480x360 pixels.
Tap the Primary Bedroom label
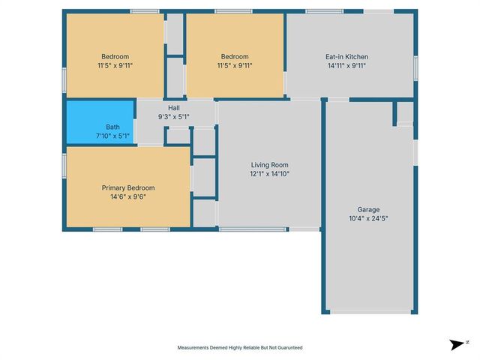(x=127, y=187)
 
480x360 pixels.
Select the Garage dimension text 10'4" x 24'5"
(x=367, y=219)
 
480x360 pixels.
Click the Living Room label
(x=269, y=165)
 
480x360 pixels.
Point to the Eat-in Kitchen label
(x=346, y=57)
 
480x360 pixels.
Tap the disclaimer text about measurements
(x=240, y=348)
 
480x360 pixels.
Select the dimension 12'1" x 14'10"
(x=269, y=174)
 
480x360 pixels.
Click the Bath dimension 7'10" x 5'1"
(x=113, y=136)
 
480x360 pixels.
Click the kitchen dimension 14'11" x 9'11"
(x=346, y=66)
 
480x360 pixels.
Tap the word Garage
(x=367, y=210)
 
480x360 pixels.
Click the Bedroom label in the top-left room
(x=115, y=57)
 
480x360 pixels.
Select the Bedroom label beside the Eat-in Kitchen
(x=235, y=57)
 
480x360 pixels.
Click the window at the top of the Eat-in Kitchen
(x=324, y=11)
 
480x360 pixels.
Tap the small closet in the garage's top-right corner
(x=405, y=113)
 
